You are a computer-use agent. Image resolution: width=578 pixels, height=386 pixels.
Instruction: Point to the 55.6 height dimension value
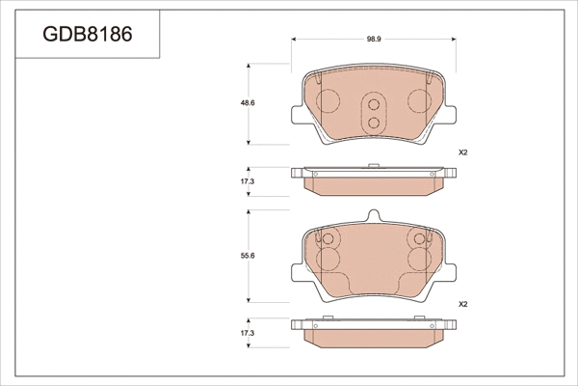[x=247, y=256]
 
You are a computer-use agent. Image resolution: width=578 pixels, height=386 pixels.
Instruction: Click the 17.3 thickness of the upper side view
[x=247, y=181]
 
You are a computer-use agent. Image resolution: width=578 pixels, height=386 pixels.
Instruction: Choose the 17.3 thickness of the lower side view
[x=247, y=333]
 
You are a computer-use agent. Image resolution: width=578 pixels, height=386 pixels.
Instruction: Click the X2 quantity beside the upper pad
[x=462, y=152]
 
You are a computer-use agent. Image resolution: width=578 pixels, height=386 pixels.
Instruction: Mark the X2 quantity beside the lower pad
[x=462, y=303]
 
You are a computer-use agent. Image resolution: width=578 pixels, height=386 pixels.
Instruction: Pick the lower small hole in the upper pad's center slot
[x=373, y=121]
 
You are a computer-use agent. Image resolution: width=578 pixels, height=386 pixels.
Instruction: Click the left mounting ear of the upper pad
[x=297, y=115]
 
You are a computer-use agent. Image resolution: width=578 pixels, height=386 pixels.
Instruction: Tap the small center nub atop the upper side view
[x=373, y=166]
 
